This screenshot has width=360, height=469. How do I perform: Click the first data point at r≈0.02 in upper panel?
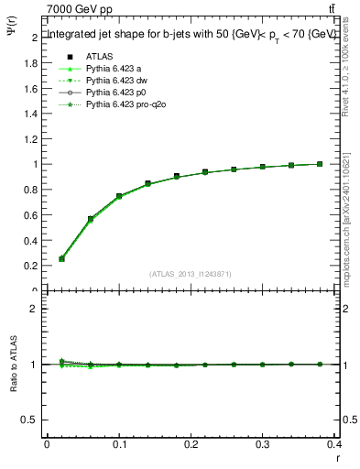tap(61, 258)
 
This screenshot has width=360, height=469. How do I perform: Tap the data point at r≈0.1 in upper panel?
tap(119, 196)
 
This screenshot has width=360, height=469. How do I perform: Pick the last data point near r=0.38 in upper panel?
tap(320, 164)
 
